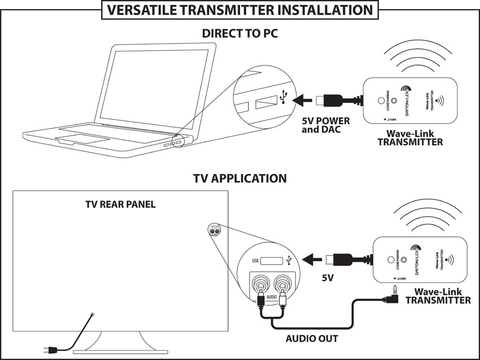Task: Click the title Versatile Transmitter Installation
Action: tap(240, 10)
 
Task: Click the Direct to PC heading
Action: tap(240, 34)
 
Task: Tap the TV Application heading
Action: tap(240, 179)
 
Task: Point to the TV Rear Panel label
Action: tap(120, 204)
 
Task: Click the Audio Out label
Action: tap(312, 339)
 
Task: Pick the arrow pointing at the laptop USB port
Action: tap(303, 100)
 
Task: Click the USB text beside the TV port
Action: tap(255, 261)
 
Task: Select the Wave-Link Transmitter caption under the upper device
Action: tap(411, 138)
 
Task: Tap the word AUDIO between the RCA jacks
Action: tap(272, 296)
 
